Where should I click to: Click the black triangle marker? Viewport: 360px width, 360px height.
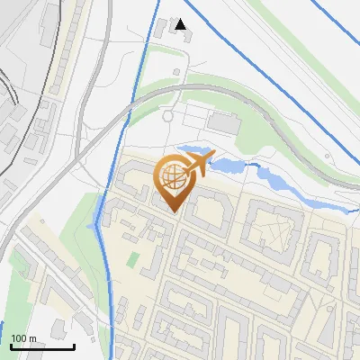182,24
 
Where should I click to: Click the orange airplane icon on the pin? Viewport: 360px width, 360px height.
199,164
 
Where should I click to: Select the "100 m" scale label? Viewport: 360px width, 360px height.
24,338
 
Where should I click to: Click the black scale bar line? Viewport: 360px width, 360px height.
42,346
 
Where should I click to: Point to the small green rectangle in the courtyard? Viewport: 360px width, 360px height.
133,259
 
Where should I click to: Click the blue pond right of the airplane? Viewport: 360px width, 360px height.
229,166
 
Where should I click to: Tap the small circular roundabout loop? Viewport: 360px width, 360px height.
166,115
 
